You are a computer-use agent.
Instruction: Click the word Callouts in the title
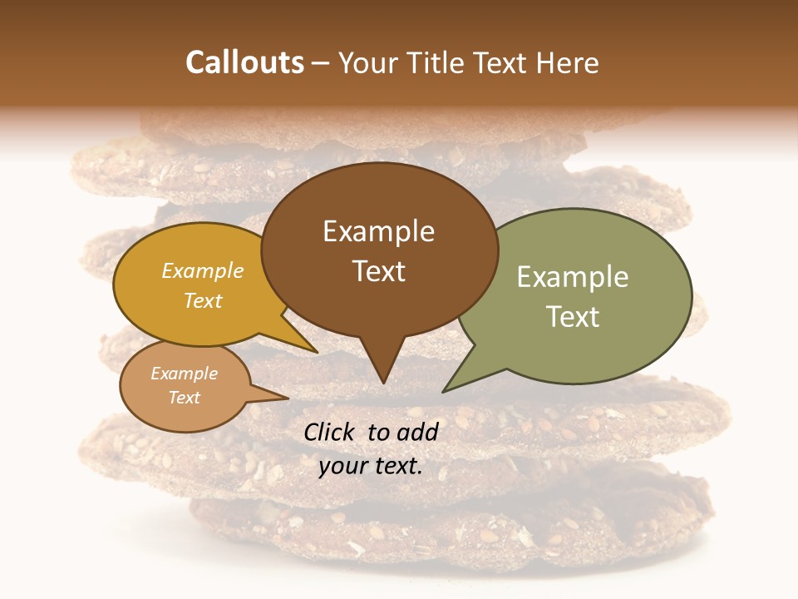coord(244,63)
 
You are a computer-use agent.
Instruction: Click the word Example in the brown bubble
coord(378,231)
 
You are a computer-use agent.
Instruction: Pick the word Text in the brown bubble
coord(378,271)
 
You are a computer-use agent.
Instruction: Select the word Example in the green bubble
coord(572,277)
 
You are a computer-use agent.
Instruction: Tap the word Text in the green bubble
coord(572,317)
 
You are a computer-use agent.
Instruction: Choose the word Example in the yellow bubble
coord(202,271)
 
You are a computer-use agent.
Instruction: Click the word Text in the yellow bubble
coord(202,300)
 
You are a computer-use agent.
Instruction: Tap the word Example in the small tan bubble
coord(184,374)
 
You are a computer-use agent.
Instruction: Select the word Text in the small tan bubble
coord(184,398)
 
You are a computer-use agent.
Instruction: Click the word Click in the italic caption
coord(331,432)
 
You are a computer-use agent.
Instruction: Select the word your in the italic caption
coord(342,467)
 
